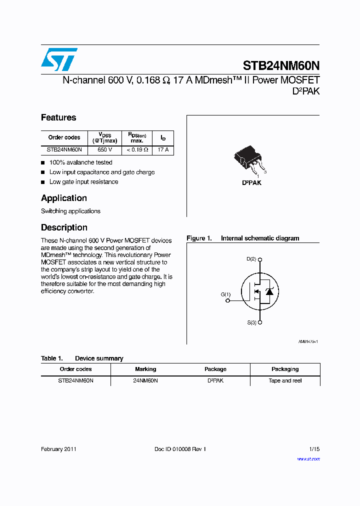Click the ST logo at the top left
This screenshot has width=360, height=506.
click(x=59, y=59)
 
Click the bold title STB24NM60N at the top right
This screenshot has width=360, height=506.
click(x=281, y=65)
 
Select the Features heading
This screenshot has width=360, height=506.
click(x=58, y=117)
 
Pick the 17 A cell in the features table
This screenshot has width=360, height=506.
click(x=163, y=149)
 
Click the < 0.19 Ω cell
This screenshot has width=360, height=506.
click(x=136, y=149)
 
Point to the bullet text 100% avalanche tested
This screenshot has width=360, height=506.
click(x=80, y=162)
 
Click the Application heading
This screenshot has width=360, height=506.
click(x=64, y=198)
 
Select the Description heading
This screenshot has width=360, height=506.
click(x=64, y=227)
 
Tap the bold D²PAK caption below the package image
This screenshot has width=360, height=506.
click(x=251, y=183)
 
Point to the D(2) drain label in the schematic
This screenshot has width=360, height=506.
click(x=251, y=259)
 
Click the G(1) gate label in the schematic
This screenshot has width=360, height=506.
click(x=225, y=294)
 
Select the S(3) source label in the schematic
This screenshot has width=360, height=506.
click(x=251, y=322)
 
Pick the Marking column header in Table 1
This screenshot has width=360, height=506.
click(x=145, y=369)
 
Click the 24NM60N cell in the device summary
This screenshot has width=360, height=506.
click(x=145, y=380)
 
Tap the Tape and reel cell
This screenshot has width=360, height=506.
click(x=285, y=380)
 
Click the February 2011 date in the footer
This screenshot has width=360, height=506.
click(x=58, y=449)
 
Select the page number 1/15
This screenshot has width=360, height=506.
click(x=314, y=449)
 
